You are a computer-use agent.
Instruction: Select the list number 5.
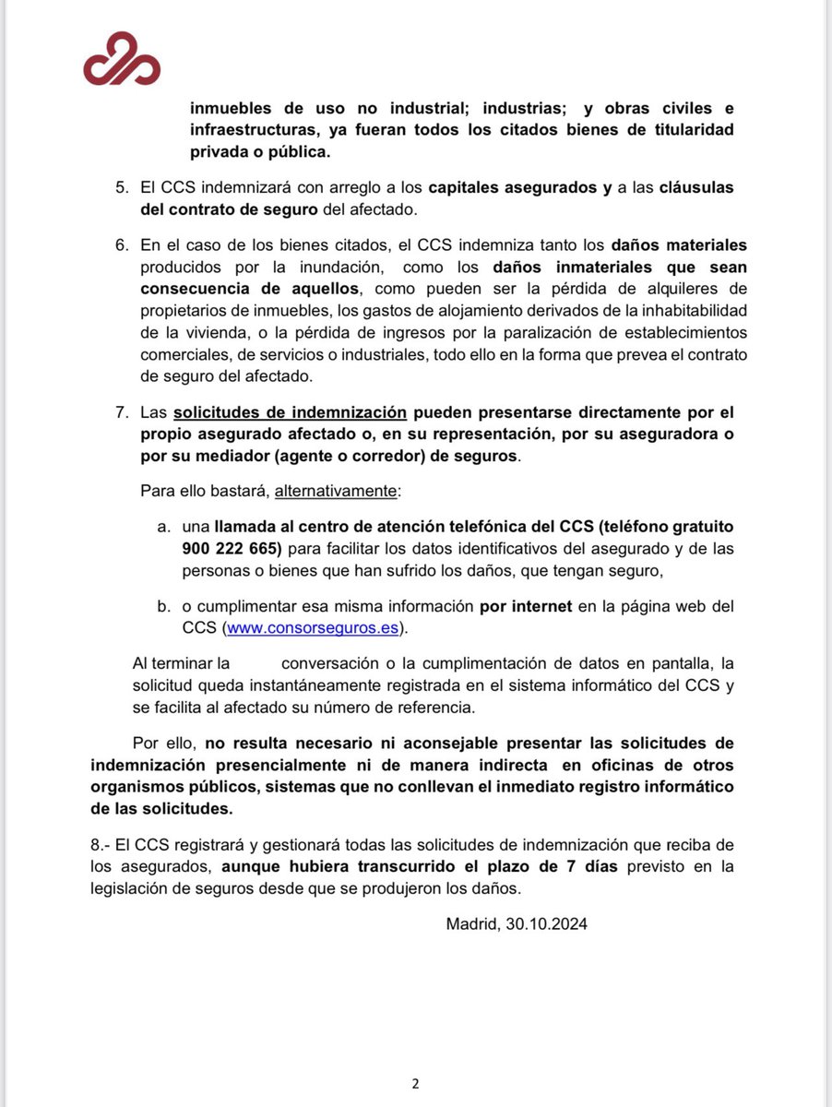[122, 187]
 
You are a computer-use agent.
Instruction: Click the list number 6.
[122, 245]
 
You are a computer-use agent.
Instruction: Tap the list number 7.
[122, 412]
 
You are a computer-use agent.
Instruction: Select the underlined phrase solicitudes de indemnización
[291, 412]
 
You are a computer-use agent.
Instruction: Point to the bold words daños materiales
[678, 245]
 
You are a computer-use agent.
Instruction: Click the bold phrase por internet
[523, 606]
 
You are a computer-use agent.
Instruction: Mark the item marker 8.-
[101, 845]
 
